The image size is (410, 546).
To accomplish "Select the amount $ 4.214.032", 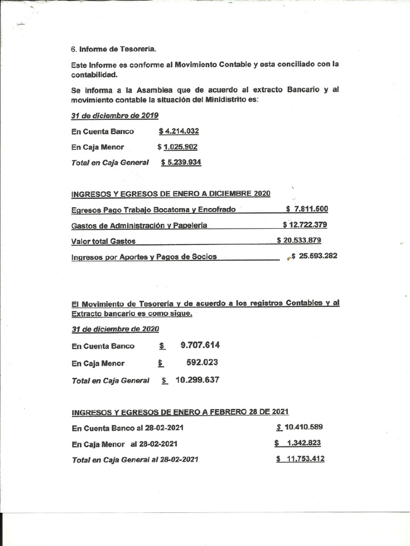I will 179,131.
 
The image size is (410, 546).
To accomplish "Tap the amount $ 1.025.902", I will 178,147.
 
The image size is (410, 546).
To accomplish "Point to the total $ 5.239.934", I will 181,162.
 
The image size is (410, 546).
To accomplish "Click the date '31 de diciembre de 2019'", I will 115,115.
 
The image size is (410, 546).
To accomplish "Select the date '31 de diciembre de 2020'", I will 115,329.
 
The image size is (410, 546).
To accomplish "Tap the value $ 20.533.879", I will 299,240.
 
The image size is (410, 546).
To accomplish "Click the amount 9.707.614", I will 200,345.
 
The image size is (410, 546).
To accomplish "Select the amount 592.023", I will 202,363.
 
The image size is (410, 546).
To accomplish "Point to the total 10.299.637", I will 197,380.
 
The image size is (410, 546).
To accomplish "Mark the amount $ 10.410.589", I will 299,427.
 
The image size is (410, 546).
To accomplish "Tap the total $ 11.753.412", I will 301,459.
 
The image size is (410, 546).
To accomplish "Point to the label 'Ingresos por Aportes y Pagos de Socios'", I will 144,256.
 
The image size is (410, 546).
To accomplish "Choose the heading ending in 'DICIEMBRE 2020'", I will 171,193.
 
